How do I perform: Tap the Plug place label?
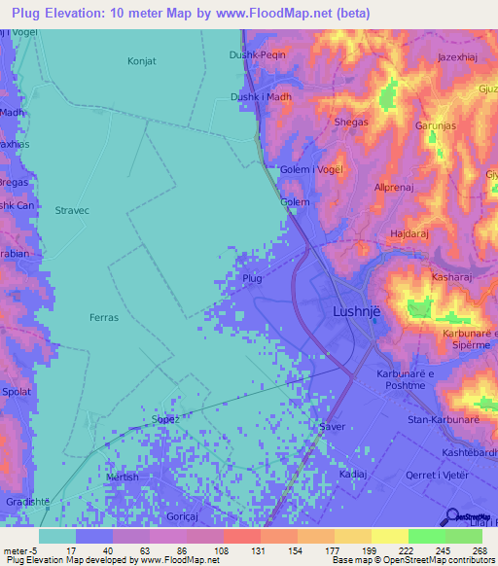coord(252,278)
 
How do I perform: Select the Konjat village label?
coord(142,61)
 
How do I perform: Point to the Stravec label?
coord(72,210)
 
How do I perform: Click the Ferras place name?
coord(103,317)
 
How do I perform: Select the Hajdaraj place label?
coord(409,234)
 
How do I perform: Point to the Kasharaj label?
coord(435,277)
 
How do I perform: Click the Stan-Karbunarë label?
coord(440,419)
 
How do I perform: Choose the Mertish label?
coord(123,478)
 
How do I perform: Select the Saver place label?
coord(333,426)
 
